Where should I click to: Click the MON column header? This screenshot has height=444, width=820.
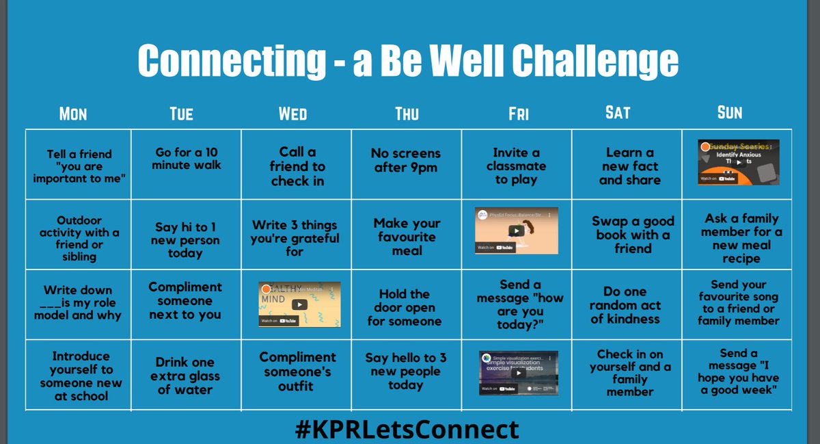(73, 114)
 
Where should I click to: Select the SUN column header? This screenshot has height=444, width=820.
(729, 113)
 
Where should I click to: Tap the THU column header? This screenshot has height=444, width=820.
(407, 114)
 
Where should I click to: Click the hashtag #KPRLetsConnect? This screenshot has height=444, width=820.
(407, 430)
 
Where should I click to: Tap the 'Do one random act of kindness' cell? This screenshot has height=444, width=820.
(625, 305)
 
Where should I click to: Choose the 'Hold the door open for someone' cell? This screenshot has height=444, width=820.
(405, 307)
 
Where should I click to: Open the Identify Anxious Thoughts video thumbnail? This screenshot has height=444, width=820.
(738, 162)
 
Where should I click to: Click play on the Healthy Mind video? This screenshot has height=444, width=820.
(299, 304)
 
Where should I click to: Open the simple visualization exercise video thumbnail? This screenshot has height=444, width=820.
(518, 374)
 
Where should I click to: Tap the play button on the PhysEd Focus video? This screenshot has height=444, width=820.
(517, 231)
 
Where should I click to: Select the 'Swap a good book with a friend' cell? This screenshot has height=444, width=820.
(633, 235)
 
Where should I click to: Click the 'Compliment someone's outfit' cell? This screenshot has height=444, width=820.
(297, 371)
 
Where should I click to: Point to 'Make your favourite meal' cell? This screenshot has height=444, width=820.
(407, 237)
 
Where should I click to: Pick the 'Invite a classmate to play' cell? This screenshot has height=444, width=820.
(516, 166)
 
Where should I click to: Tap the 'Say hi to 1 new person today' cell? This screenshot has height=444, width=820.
(185, 240)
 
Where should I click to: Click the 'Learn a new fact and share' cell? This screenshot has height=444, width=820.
(629, 166)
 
